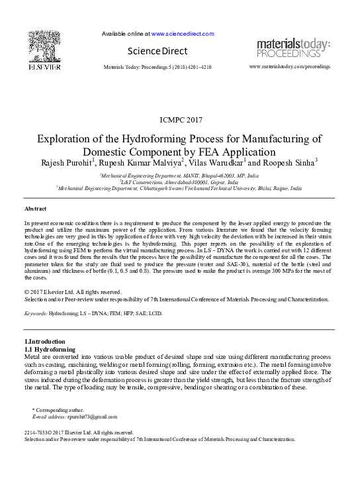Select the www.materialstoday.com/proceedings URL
coord(289,68)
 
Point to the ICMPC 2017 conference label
coord(181,120)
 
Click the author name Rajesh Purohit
coord(66,163)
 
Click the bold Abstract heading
coord(35,209)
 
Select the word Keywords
coord(35,314)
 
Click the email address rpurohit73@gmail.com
coord(93,417)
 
